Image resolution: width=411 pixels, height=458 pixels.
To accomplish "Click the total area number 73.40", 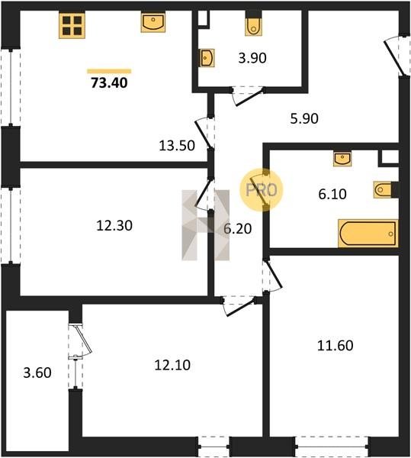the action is click(109, 82).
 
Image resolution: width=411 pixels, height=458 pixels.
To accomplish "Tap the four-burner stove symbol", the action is click(72, 25).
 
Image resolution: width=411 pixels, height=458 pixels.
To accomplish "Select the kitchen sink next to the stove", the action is click(153, 22).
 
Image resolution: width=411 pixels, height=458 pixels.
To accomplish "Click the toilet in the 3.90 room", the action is click(253, 26).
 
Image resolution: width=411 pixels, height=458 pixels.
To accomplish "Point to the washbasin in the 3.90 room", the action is click(207, 58).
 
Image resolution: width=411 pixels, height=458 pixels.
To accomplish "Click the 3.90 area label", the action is click(252, 58).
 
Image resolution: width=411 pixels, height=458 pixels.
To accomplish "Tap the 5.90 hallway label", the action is click(304, 118).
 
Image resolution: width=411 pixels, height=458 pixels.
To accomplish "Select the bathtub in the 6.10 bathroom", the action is click(368, 234).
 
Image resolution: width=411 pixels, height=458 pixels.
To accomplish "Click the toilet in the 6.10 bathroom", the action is click(383, 190).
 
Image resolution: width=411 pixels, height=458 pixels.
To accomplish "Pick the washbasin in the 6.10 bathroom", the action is click(342, 159).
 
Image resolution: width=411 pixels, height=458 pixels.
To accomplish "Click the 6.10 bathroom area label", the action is click(332, 194).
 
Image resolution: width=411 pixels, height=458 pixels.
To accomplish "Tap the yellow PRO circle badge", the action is click(262, 190).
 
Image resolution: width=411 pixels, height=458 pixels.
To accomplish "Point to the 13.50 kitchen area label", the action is click(177, 146).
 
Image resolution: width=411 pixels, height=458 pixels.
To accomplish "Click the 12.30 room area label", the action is click(114, 225).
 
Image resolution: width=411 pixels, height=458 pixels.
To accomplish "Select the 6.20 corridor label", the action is click(237, 228).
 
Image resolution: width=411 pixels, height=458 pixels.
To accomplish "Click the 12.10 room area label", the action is click(172, 365).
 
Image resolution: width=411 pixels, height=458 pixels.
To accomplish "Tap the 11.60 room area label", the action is click(336, 345).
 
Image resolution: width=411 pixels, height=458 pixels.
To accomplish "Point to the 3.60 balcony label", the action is click(37, 373).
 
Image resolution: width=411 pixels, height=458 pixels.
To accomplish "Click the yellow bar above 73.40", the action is click(109, 71).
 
